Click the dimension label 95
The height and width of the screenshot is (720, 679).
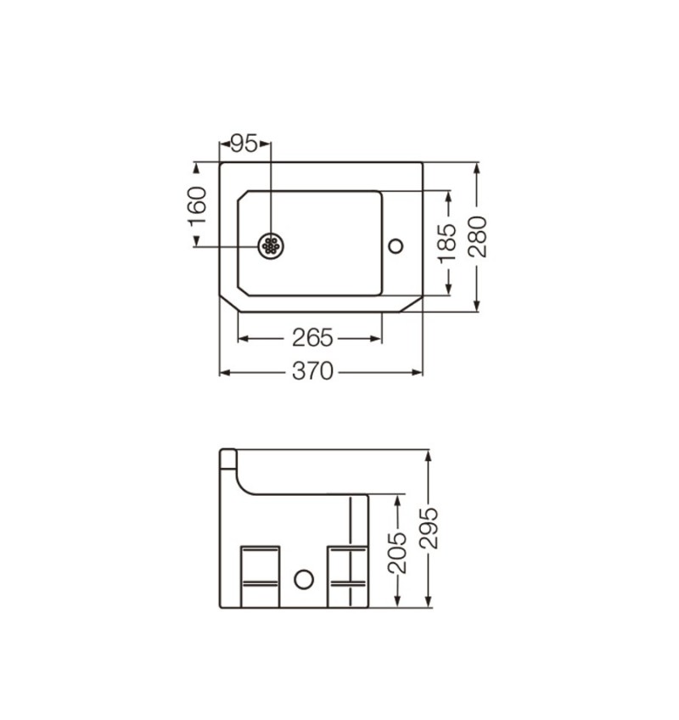[x=244, y=143]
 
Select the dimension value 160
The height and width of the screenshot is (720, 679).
[x=198, y=206]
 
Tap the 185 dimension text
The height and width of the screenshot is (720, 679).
[x=447, y=244]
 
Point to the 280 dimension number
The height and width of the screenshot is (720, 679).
[x=478, y=237]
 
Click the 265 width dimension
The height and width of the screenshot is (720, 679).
[x=312, y=339]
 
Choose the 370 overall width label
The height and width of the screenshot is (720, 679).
[x=312, y=372]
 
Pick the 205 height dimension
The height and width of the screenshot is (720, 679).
[x=397, y=554]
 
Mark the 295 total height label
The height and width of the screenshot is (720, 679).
[x=429, y=528]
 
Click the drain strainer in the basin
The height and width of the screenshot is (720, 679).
[x=271, y=246]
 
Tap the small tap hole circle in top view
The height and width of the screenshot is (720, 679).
[x=396, y=246]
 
